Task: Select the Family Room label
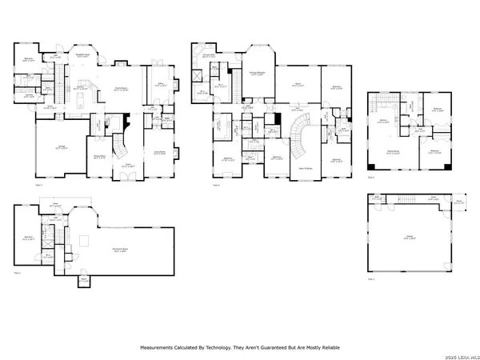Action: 122,88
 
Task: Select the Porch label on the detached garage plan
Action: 458,202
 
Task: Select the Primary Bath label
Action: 210,56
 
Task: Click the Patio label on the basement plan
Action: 55,206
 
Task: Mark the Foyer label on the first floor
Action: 126,166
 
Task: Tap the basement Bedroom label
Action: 28,236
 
